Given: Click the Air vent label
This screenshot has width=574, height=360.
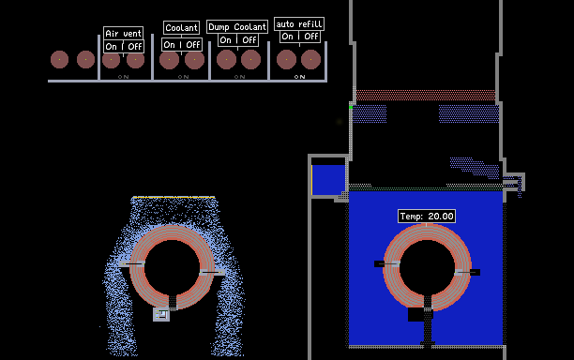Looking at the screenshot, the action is pos(123,34).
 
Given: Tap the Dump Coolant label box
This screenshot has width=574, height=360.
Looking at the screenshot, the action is pos(237,26).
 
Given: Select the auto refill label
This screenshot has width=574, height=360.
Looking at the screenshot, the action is pos(299,24).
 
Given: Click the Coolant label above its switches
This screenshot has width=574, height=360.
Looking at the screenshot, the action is pos(182,27).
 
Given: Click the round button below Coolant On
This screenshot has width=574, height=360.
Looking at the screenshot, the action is pos(169,60).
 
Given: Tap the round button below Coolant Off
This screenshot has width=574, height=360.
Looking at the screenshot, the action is pos(194,60).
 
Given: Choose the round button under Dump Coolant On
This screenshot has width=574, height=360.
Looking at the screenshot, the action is pos(226,60).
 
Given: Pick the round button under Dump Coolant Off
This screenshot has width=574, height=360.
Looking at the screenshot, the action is pos(250,60).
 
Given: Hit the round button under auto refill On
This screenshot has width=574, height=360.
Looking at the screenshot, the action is pos(286,60).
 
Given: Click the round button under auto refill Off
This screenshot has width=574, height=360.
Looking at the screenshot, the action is pos(310,60).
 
